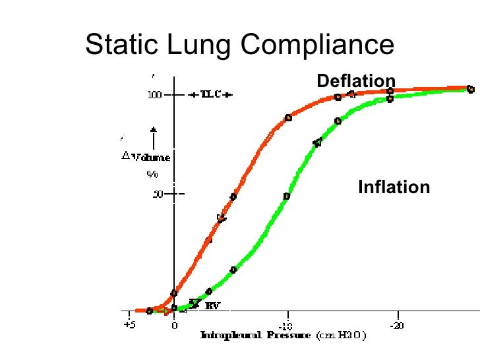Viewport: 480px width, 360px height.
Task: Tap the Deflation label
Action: point(356,81)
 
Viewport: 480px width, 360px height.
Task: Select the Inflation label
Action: point(394,187)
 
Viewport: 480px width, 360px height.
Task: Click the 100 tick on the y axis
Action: point(154,95)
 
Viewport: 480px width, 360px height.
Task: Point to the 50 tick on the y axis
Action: point(158,195)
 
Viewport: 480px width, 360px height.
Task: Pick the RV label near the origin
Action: point(212,305)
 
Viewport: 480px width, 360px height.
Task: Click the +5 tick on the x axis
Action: point(130,325)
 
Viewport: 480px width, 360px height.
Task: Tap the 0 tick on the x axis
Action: point(174,325)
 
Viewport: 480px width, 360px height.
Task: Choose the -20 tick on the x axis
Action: point(396,326)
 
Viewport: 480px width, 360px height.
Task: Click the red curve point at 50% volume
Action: point(233,196)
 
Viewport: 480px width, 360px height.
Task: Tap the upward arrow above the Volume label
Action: point(153,137)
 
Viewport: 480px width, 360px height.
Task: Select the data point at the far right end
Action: point(470,88)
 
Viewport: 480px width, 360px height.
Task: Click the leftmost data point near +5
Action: point(150,311)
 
